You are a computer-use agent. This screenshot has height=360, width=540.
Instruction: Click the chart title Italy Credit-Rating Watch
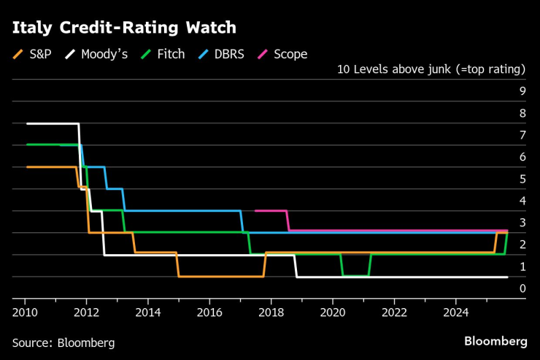pyautogui.click(x=123, y=28)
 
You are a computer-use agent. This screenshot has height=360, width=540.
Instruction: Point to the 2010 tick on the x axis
pyautogui.click(x=25, y=312)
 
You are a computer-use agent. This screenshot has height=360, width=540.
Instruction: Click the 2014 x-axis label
pyautogui.click(x=148, y=312)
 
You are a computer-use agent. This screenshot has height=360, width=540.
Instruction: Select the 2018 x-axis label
pyautogui.click(x=271, y=312)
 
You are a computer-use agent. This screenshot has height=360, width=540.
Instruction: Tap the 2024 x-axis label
pyautogui.click(x=456, y=312)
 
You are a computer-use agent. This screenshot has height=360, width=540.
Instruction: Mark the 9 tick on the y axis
pyautogui.click(x=522, y=91)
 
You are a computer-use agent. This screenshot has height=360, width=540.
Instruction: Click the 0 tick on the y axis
pyautogui.click(x=522, y=288)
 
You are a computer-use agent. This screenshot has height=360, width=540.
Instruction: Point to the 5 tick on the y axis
pyautogui.click(x=522, y=179)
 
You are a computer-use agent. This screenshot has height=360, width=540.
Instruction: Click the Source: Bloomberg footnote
pyautogui.click(x=63, y=342)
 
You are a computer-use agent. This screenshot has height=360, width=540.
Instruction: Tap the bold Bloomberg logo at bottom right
pyautogui.click(x=495, y=342)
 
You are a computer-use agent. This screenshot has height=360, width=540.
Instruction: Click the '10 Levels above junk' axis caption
pyautogui.click(x=431, y=70)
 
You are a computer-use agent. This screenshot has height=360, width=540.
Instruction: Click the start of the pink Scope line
pyautogui.click(x=255, y=210)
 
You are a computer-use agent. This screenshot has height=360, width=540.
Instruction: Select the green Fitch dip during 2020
pyautogui.click(x=355, y=275)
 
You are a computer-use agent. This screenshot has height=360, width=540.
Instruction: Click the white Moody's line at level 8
pyautogui.click(x=51, y=123)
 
